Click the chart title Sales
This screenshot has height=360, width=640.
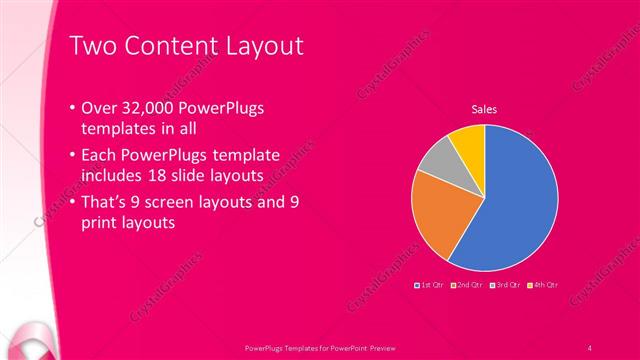484,109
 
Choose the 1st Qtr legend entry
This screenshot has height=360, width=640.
430,285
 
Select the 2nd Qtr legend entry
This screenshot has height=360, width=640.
467,285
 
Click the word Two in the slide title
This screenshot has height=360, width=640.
91,46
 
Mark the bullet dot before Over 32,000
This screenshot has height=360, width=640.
71,108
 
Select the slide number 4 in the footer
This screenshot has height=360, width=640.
590,348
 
